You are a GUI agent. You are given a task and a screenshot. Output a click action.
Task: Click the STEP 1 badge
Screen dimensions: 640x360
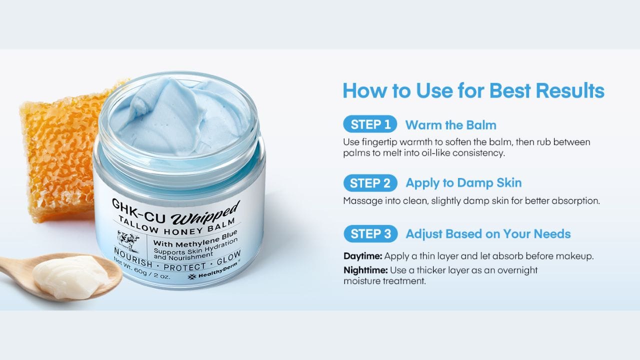[x=370, y=124]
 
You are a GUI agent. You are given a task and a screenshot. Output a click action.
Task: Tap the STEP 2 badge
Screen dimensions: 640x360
[x=370, y=183]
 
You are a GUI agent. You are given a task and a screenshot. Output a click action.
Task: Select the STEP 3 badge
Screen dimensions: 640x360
[x=370, y=233]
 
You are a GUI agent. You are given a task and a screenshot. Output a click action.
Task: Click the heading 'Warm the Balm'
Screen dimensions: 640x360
[x=451, y=125]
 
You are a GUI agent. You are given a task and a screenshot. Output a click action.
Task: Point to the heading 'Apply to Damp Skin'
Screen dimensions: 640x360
[x=463, y=183]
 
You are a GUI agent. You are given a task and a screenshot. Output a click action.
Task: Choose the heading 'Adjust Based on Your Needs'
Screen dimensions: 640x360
[x=488, y=234]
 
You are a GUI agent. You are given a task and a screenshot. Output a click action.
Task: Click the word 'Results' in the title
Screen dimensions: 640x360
[x=570, y=90]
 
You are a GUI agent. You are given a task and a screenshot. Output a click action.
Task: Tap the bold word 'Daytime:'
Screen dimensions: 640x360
[x=363, y=256]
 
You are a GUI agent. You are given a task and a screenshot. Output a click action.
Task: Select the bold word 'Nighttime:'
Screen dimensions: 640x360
[x=365, y=270]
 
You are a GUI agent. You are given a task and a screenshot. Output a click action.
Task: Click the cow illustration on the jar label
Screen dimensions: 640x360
[x=128, y=241]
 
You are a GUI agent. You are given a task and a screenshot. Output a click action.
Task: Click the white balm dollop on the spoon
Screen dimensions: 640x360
[x=70, y=275]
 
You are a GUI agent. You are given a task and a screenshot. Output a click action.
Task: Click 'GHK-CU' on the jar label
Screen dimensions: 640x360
[x=138, y=211]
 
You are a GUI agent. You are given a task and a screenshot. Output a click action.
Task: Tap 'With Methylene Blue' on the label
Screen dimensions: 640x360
[x=195, y=239]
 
